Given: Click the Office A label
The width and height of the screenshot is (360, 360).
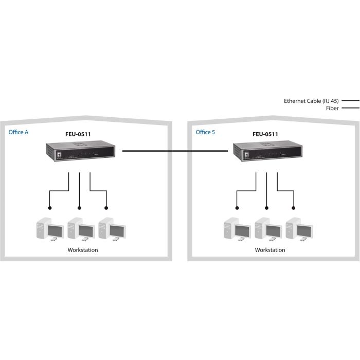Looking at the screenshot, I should (19, 132).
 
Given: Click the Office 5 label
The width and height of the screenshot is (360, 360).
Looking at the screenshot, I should (206, 132).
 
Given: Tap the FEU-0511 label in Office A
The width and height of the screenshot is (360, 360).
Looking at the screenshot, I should (78, 134).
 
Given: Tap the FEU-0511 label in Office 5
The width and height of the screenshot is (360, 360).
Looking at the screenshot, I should (265, 134).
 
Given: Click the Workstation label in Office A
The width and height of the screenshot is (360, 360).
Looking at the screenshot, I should (83, 250).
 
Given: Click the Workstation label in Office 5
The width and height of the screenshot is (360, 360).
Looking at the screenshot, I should (270, 250).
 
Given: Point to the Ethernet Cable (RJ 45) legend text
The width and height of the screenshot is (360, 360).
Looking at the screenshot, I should (311, 101).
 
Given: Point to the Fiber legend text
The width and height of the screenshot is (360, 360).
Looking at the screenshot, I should (332, 108).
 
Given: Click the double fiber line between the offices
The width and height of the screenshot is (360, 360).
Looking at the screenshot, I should (174, 151).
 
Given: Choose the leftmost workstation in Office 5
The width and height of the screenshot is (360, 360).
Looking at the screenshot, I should (235, 230).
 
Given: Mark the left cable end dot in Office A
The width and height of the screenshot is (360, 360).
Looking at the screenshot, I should (49, 208).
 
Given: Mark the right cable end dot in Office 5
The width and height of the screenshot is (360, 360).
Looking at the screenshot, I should (294, 208).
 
